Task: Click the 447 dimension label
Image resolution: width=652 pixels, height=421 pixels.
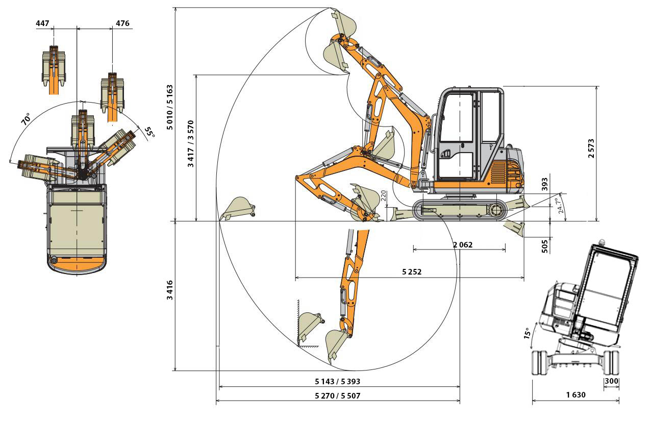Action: (42, 23)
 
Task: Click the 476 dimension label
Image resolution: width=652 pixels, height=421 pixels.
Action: (122, 23)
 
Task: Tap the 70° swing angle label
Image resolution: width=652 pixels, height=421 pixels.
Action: (26, 119)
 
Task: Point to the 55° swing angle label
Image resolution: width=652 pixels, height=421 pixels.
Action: (149, 133)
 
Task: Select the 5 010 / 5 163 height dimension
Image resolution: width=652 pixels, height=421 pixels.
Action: (170, 107)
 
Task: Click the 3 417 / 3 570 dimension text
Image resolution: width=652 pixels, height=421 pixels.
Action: (191, 143)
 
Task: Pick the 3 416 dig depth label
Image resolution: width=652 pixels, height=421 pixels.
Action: (170, 290)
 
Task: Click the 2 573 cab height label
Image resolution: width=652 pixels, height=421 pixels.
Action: (591, 148)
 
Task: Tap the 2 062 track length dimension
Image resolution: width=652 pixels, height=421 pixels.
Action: (463, 245)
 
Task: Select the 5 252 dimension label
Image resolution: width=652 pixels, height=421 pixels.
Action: (412, 272)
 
